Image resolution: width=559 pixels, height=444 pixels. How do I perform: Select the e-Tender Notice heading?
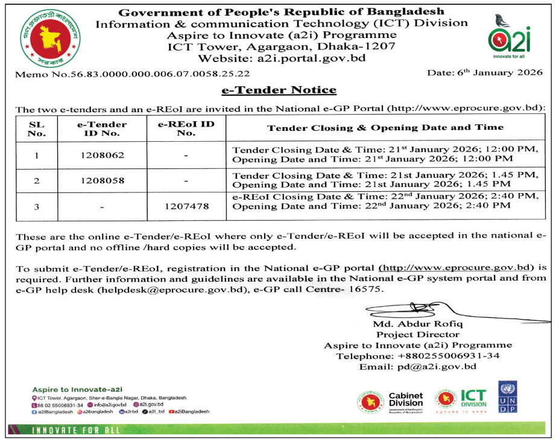point(279,90)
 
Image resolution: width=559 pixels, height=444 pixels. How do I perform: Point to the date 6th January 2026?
point(485,72)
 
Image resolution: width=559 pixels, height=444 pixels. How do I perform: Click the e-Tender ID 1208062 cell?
point(102,155)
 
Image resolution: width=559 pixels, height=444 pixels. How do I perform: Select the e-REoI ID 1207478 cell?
point(186,206)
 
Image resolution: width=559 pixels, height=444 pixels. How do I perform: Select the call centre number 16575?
point(367,290)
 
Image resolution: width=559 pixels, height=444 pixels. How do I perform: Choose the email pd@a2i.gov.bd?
point(446,366)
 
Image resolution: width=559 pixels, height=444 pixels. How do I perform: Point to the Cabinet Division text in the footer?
point(405,399)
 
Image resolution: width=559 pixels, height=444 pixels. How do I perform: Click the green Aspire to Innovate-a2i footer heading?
point(77,390)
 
